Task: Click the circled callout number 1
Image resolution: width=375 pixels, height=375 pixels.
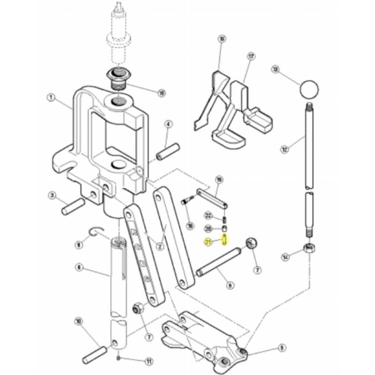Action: [51, 98]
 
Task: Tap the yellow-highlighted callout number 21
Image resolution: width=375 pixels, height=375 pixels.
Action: [209, 242]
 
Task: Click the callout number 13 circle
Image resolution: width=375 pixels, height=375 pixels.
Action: [276, 69]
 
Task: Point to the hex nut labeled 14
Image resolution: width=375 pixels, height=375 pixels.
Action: [310, 248]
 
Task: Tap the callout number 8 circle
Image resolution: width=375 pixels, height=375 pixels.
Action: [79, 266]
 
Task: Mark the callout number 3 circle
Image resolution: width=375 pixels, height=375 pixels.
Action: [52, 194]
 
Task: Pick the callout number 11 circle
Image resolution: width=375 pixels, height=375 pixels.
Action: [134, 360]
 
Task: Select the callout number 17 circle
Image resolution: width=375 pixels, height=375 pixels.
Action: [250, 56]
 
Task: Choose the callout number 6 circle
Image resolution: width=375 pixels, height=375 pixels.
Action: [230, 286]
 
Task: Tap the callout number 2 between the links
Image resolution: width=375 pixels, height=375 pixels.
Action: [159, 247]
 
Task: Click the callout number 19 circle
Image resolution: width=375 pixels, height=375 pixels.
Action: [219, 179]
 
